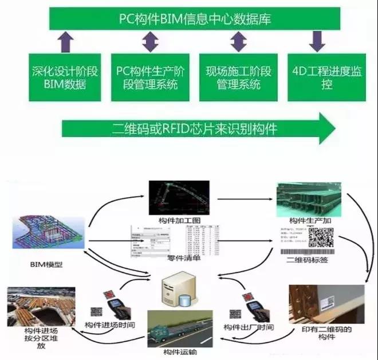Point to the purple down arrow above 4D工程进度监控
(316, 41)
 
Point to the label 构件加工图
(179, 220)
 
